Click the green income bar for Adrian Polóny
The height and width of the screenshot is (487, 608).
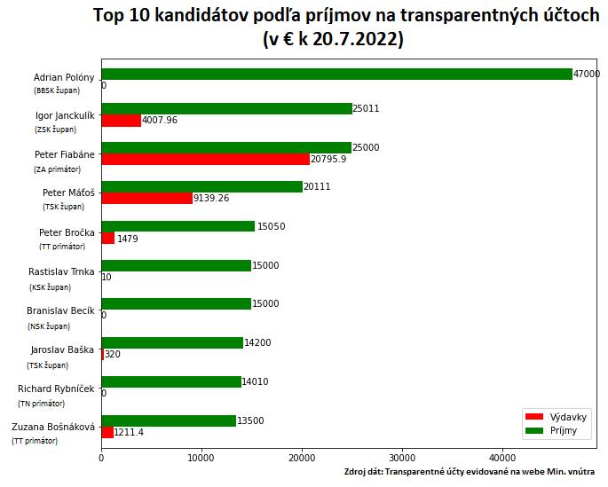(x=337, y=75)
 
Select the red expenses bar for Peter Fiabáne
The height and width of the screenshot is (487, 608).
(x=205, y=159)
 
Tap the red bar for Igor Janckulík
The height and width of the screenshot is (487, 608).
(x=121, y=121)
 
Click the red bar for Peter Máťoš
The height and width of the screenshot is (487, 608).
(x=146, y=198)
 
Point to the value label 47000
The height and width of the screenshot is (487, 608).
(x=587, y=75)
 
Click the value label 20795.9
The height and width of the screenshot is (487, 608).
(x=328, y=160)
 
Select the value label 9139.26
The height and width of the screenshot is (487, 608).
(x=211, y=199)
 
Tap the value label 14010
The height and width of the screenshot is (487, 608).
(x=257, y=381)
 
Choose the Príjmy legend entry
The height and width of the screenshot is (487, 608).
(x=551, y=430)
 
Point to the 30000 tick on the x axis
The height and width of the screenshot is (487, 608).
(x=402, y=458)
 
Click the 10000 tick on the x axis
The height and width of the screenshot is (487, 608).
(x=201, y=458)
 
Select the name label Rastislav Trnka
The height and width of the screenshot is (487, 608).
(x=61, y=271)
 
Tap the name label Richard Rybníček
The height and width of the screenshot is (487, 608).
(x=56, y=389)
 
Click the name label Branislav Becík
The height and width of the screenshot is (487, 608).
(x=61, y=310)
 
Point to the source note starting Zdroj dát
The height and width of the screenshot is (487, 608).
(x=470, y=472)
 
